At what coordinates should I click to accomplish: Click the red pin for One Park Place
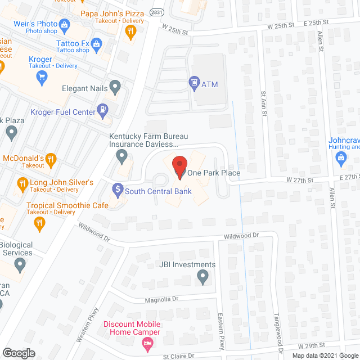[179, 168]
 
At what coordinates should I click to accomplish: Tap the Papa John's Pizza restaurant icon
[131, 32]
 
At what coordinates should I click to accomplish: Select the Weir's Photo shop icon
[64, 24]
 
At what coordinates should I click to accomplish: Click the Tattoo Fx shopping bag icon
[96, 43]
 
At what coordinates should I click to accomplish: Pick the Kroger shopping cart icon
[40, 78]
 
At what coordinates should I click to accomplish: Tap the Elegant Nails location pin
[115, 88]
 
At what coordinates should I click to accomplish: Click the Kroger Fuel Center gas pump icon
[103, 111]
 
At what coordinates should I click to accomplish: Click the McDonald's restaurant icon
[51, 159]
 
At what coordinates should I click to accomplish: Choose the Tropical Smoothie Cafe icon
[39, 223]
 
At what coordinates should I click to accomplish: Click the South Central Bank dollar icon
[118, 190]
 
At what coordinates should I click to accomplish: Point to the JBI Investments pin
[203, 276]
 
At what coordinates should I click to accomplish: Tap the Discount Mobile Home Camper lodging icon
[148, 344]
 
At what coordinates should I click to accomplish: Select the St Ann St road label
[263, 103]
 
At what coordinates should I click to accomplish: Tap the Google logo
[18, 353]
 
